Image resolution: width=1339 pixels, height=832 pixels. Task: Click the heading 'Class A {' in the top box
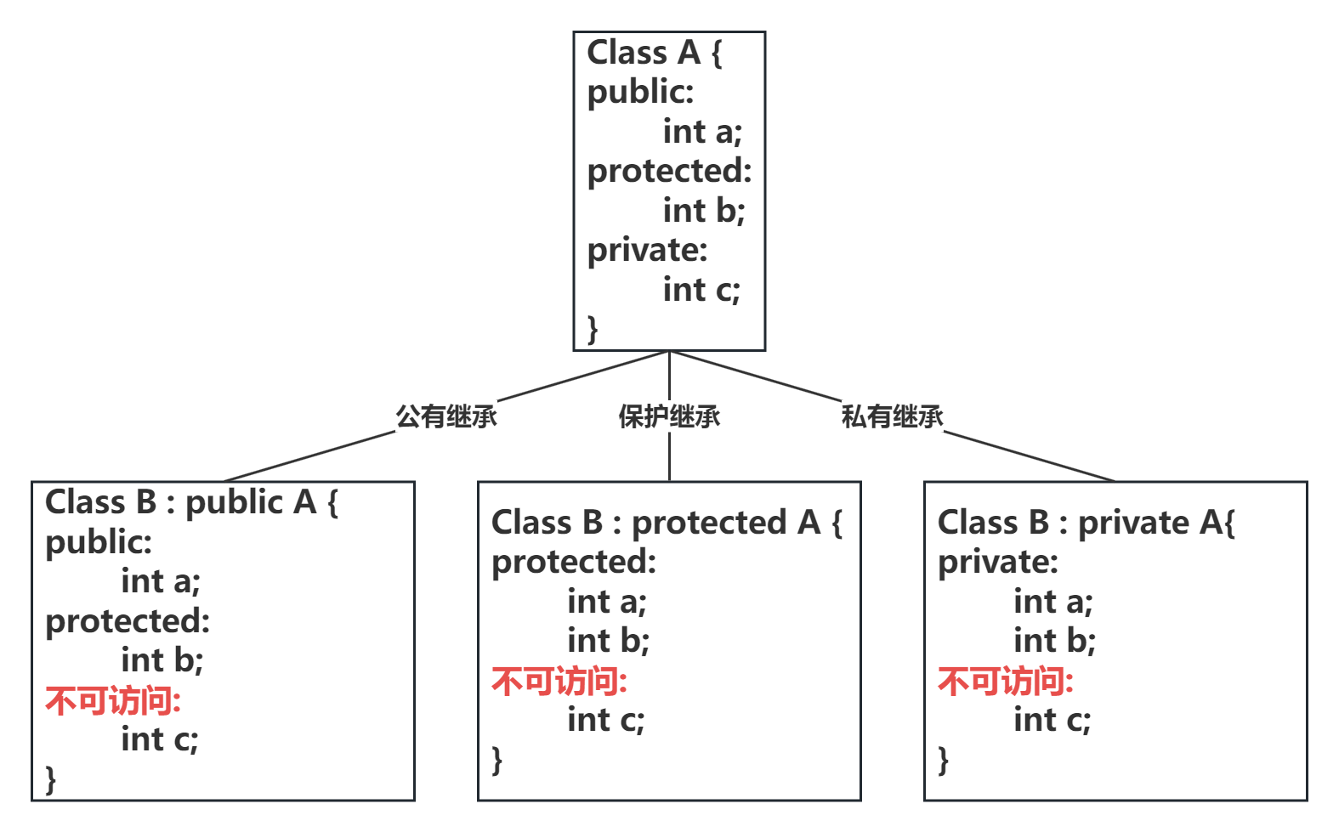click(x=655, y=53)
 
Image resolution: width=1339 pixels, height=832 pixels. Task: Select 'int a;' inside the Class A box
click(x=702, y=132)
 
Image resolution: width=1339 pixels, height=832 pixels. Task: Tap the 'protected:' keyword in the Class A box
click(x=669, y=171)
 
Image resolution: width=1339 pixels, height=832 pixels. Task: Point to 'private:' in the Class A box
click(x=647, y=250)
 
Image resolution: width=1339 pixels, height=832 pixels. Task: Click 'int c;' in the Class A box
click(x=701, y=290)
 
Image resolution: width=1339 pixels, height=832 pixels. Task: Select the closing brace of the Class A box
click(x=593, y=329)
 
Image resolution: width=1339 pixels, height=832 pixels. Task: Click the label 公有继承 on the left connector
click(x=446, y=416)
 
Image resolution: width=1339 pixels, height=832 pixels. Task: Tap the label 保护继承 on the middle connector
click(x=669, y=416)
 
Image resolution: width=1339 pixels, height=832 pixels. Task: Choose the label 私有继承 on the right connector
click(x=892, y=416)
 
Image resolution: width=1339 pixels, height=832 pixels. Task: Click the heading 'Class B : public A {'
click(x=191, y=502)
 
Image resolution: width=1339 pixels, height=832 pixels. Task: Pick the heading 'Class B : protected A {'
click(x=667, y=523)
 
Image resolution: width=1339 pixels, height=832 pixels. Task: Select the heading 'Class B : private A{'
click(x=1086, y=523)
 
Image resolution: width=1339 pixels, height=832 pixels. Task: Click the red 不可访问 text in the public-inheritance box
click(x=113, y=701)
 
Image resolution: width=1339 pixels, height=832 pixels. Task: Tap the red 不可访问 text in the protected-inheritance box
click(x=559, y=682)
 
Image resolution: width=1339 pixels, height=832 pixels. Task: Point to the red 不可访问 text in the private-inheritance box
click(x=1006, y=682)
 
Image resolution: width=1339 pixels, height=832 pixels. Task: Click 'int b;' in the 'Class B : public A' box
click(x=162, y=660)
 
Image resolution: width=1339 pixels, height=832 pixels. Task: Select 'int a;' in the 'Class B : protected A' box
click(x=607, y=602)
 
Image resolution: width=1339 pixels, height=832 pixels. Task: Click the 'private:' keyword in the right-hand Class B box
click(x=997, y=562)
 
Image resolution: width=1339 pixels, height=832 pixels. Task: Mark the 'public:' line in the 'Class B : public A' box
click(x=99, y=542)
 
